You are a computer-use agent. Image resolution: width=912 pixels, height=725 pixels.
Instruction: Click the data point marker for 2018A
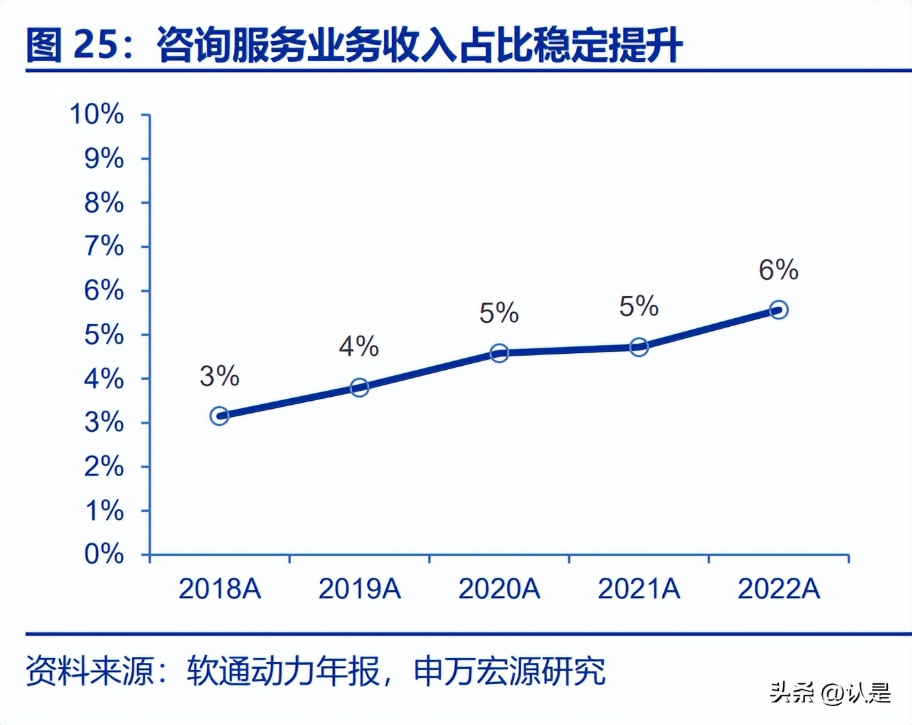(219, 416)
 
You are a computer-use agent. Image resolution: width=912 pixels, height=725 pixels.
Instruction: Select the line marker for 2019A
(359, 387)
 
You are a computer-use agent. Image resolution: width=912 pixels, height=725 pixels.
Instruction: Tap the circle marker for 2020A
(499, 353)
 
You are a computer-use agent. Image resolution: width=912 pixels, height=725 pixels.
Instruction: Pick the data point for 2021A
(639, 347)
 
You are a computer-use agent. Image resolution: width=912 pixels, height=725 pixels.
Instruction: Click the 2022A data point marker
(779, 310)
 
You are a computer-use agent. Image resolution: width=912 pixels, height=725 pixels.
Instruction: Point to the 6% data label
(778, 270)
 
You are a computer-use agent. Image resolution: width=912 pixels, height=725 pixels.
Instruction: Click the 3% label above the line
(219, 376)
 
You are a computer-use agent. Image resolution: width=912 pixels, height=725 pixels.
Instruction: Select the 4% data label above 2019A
(358, 346)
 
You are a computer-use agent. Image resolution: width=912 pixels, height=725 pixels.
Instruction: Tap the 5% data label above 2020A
(498, 313)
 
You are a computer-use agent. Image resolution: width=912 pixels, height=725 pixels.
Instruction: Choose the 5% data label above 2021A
(638, 307)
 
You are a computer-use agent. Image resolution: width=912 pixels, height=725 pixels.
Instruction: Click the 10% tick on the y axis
(97, 114)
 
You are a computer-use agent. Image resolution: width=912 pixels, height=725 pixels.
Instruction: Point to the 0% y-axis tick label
(104, 554)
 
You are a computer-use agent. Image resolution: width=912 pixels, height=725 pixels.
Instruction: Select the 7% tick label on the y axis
(104, 246)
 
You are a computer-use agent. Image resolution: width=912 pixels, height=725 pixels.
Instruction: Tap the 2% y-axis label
(104, 466)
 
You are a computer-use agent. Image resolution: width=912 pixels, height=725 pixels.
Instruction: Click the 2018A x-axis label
(219, 589)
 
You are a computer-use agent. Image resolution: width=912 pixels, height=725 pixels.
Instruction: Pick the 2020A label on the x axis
(499, 589)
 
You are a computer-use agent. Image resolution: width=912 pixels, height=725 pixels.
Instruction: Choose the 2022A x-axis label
(779, 589)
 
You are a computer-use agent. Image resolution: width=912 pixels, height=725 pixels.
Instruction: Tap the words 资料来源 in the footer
(90, 671)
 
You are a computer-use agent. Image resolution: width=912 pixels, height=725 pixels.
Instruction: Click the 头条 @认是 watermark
(830, 693)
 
